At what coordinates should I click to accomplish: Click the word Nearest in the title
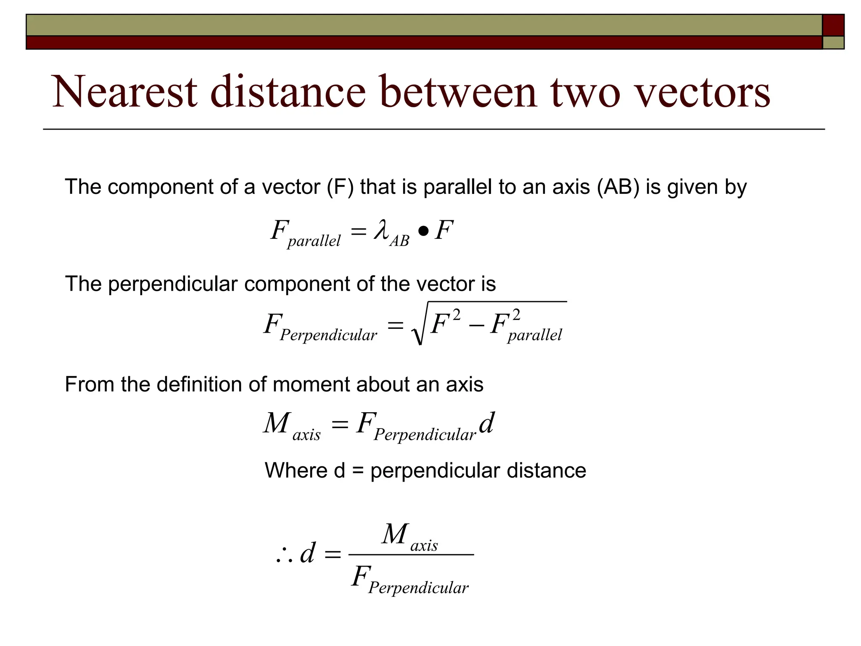pyautogui.click(x=124, y=92)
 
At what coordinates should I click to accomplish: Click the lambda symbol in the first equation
pyautogui.click(x=381, y=231)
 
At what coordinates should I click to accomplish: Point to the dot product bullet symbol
pyautogui.click(x=423, y=231)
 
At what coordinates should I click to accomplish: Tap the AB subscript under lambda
pyautogui.click(x=399, y=241)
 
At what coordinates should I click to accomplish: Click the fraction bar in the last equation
pyautogui.click(x=411, y=555)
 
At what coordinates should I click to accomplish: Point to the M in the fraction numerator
pyautogui.click(x=395, y=535)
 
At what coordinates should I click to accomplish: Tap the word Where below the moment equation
pyautogui.click(x=296, y=470)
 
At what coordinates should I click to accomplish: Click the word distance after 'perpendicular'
pyautogui.click(x=546, y=470)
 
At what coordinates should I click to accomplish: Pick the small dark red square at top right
pyautogui.click(x=833, y=25)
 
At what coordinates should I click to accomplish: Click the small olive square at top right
pyautogui.click(x=833, y=42)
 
